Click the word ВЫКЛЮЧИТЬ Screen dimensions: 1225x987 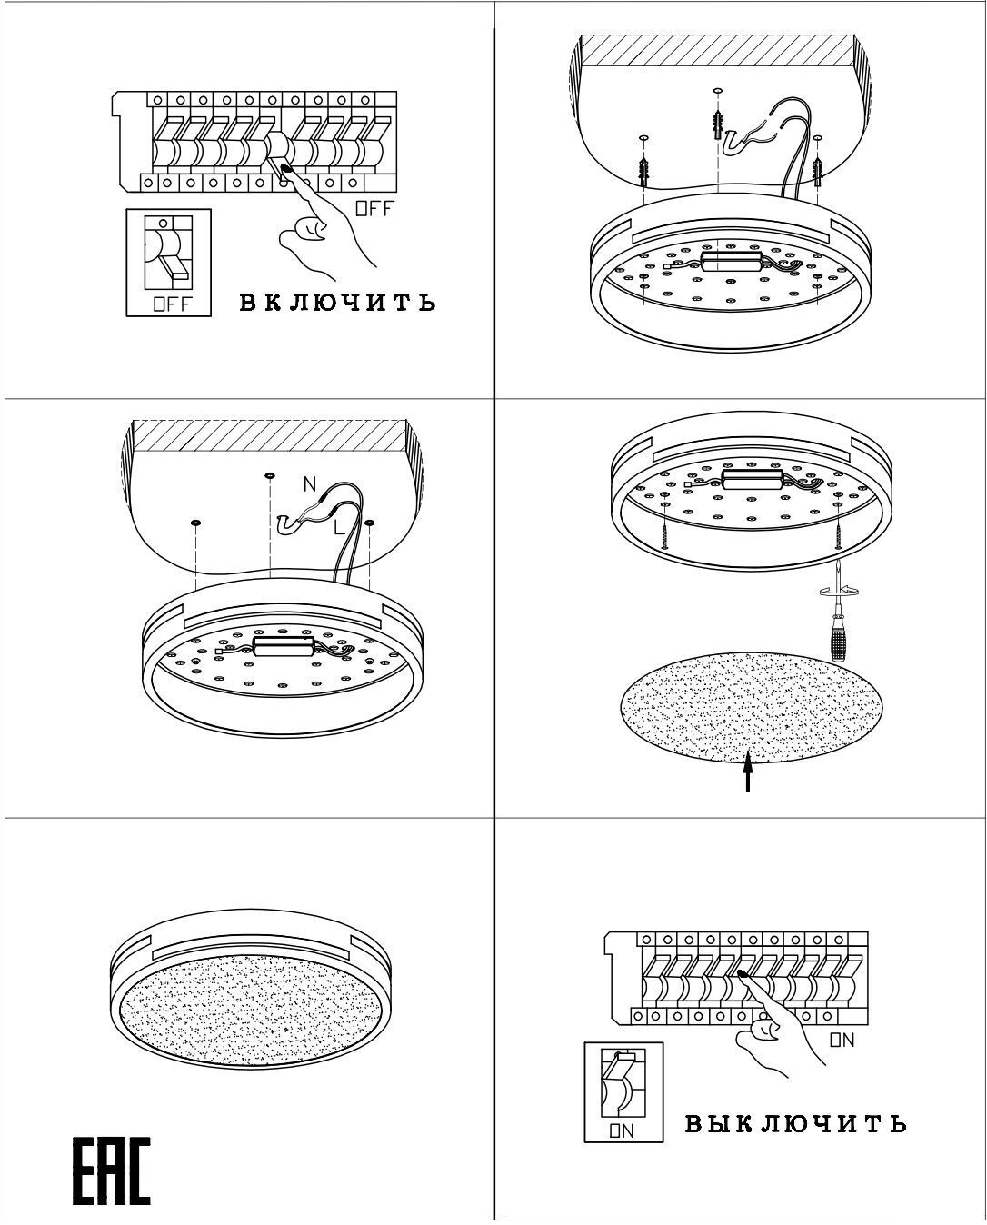795,1124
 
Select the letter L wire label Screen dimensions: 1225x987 339,526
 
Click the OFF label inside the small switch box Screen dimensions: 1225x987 172,304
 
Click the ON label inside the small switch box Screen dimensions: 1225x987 622,1130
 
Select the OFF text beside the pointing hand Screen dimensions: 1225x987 374,208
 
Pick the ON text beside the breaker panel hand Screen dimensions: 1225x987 842,1041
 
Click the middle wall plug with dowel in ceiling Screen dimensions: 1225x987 718,124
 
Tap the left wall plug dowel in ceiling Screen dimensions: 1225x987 643,167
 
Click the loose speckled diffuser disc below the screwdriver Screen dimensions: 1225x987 749,706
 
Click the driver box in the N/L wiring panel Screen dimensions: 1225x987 284,646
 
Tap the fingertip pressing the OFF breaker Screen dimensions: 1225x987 286,167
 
